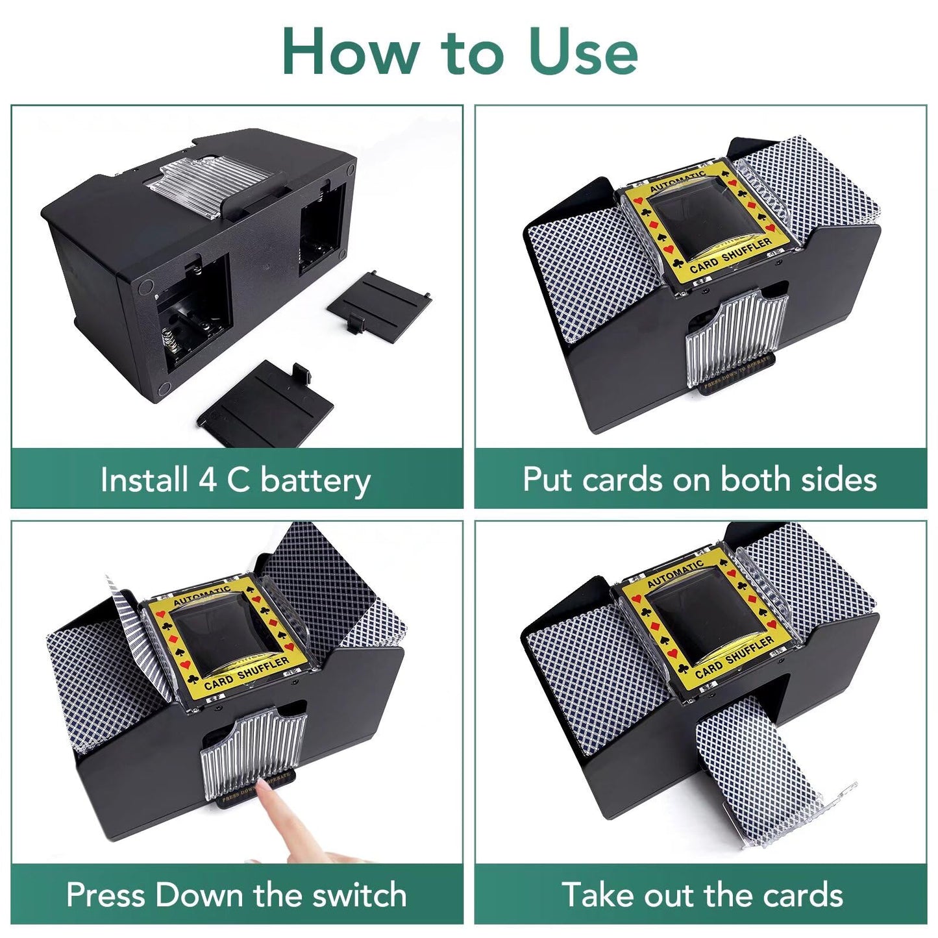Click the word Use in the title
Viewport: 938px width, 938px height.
583,52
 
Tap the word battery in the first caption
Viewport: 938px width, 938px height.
315,481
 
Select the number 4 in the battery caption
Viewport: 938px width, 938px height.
208,480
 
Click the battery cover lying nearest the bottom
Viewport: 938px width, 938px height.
266,406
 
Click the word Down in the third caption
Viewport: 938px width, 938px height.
199,895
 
